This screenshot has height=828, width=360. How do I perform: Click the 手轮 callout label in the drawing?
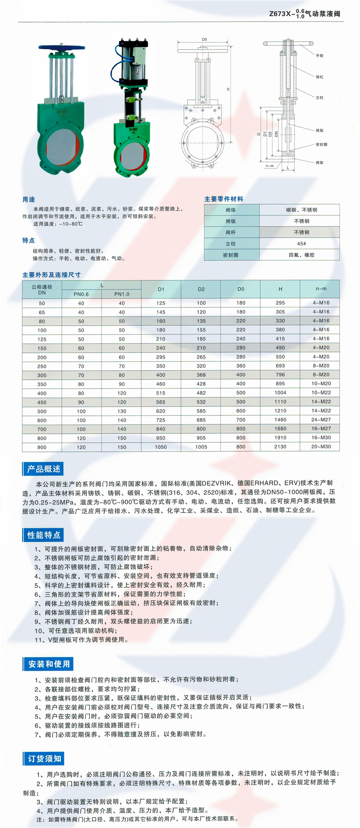(x=320, y=56)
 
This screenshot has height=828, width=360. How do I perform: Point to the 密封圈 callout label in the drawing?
(x=321, y=144)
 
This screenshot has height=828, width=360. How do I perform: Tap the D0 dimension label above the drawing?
(x=204, y=39)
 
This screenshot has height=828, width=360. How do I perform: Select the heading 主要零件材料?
(x=224, y=199)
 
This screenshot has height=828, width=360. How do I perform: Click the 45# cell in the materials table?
(x=301, y=243)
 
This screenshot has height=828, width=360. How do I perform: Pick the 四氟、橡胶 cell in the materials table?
(x=301, y=255)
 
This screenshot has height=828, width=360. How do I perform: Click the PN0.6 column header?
(x=81, y=294)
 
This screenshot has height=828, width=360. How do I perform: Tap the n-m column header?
(x=321, y=289)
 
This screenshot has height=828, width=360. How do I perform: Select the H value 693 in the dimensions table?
(x=280, y=366)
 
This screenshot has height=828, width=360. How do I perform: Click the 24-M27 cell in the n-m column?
(x=321, y=419)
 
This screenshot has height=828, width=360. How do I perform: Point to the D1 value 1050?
(x=161, y=447)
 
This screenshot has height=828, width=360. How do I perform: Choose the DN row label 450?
(x=42, y=402)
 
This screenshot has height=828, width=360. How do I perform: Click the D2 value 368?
(x=201, y=375)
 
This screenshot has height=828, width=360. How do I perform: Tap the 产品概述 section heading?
(x=44, y=469)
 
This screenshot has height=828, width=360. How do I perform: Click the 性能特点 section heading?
(x=44, y=535)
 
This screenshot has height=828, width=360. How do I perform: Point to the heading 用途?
(x=29, y=199)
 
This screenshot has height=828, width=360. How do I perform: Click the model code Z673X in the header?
(x=280, y=14)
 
